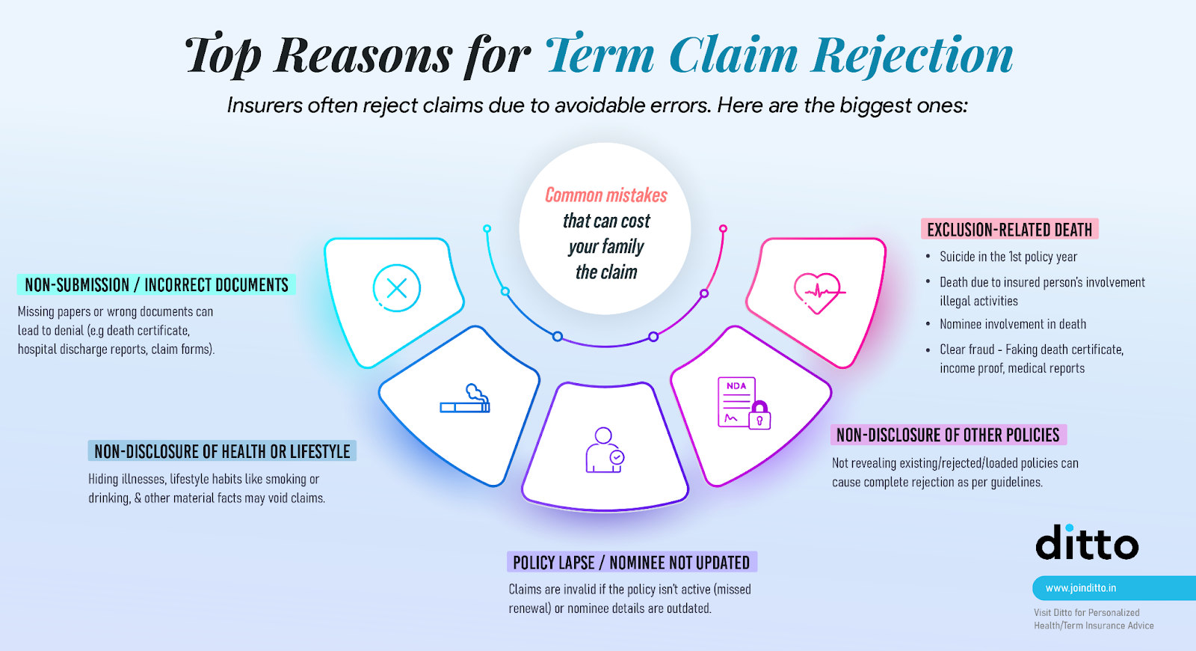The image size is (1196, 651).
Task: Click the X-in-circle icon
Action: (397, 288)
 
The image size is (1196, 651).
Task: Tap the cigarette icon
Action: (466, 400)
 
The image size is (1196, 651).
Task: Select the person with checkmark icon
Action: (605, 450)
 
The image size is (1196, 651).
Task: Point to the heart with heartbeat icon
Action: (819, 291)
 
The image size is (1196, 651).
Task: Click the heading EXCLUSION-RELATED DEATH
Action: (1009, 230)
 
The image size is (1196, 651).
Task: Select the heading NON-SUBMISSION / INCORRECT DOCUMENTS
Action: (156, 285)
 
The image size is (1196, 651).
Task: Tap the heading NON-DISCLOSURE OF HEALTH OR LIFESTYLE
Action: (222, 451)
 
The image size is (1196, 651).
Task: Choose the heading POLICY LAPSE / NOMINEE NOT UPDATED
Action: (632, 563)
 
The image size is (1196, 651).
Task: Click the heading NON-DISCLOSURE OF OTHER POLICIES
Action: (948, 435)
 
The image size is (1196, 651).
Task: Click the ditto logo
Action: (1087, 543)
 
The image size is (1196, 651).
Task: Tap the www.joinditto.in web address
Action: (1081, 588)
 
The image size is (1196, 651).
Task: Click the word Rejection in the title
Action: (913, 55)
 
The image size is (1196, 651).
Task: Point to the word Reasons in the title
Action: (363, 55)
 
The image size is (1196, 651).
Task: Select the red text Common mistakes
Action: (606, 195)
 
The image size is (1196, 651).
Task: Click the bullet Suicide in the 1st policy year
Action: (1008, 257)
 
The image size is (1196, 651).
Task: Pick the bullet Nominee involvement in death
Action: (1013, 324)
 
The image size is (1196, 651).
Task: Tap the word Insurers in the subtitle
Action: (265, 106)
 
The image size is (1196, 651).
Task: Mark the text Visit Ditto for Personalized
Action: (1087, 613)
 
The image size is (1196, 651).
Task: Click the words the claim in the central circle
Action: (606, 272)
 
